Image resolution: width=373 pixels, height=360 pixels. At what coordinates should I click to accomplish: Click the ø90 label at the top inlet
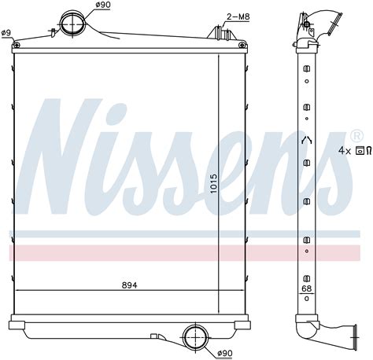tap(102, 6)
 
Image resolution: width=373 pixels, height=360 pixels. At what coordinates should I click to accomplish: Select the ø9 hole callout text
tap(6, 32)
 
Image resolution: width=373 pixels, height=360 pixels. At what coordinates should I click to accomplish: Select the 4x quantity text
tap(344, 149)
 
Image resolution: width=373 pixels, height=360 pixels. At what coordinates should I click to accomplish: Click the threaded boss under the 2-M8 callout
tap(218, 33)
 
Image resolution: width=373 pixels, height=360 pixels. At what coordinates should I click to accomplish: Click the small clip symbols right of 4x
tap(364, 149)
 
